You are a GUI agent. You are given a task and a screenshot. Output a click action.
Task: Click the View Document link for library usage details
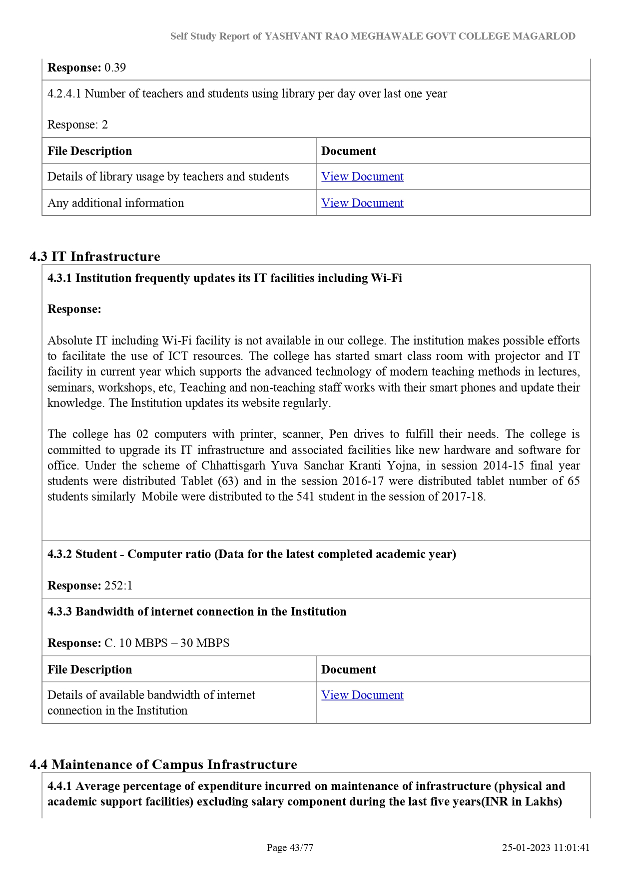point(362,176)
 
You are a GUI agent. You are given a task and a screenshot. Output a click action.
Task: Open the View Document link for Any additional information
point(362,203)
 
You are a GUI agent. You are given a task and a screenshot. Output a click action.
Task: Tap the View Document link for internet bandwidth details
point(362,695)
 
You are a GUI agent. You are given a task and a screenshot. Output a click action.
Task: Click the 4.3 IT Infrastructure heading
point(95,256)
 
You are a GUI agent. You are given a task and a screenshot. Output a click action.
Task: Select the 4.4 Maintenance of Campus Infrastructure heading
point(163,764)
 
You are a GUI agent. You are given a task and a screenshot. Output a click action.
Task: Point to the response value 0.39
point(115,67)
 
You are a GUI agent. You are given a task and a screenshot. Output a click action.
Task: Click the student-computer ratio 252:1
point(118,585)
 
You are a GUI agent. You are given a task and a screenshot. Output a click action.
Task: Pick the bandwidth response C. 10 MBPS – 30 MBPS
point(167,643)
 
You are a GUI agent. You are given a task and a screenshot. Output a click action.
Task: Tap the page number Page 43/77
point(290,847)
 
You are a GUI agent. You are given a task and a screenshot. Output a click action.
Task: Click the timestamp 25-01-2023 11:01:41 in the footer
point(546,847)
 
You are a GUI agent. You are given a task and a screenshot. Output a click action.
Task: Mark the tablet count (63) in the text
point(229,481)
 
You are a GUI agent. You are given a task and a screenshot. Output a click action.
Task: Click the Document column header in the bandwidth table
point(349,669)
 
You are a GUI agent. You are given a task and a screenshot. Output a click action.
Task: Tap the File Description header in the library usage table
point(90,151)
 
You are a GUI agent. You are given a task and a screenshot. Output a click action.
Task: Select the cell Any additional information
point(116,203)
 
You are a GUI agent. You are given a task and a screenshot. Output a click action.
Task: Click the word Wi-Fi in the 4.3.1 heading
point(386,278)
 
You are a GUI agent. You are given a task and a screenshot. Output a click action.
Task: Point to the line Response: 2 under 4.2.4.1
point(77,124)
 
